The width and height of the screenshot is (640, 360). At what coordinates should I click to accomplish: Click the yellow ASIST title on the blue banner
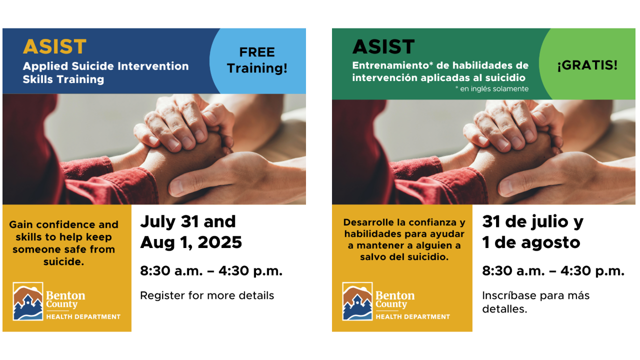pyautogui.click(x=54, y=46)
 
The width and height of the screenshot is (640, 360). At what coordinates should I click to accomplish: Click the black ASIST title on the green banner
pyautogui.click(x=383, y=46)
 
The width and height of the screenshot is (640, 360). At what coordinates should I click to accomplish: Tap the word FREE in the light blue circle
pyautogui.click(x=257, y=52)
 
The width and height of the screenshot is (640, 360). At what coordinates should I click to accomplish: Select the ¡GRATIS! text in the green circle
pyautogui.click(x=587, y=65)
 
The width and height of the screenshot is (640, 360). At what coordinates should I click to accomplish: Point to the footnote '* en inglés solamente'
pyautogui.click(x=491, y=89)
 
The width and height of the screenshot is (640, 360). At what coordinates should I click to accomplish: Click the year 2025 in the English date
pyautogui.click(x=219, y=242)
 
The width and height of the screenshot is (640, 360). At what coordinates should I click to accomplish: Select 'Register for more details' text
pyautogui.click(x=207, y=295)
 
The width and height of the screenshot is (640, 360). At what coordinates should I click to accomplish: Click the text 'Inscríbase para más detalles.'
pyautogui.click(x=535, y=302)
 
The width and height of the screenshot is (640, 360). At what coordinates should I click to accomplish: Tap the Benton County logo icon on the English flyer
pyautogui.click(x=28, y=301)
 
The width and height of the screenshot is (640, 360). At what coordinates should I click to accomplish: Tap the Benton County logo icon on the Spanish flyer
pyautogui.click(x=357, y=301)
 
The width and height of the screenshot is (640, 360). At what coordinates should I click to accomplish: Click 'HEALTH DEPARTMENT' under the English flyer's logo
pyautogui.click(x=83, y=317)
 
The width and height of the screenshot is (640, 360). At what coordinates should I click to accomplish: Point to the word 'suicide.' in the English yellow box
pyautogui.click(x=63, y=261)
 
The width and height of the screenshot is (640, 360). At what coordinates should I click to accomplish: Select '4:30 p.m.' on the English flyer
pyautogui.click(x=250, y=271)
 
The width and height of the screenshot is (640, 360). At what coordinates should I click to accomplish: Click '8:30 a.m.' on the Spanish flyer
pyautogui.click(x=513, y=271)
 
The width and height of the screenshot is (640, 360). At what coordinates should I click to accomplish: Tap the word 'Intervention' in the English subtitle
pyautogui.click(x=153, y=66)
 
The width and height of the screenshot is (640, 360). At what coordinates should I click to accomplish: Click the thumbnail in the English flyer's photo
pyautogui.click(x=177, y=187)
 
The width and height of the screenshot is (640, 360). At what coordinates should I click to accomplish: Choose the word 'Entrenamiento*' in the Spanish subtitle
pyautogui.click(x=393, y=65)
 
